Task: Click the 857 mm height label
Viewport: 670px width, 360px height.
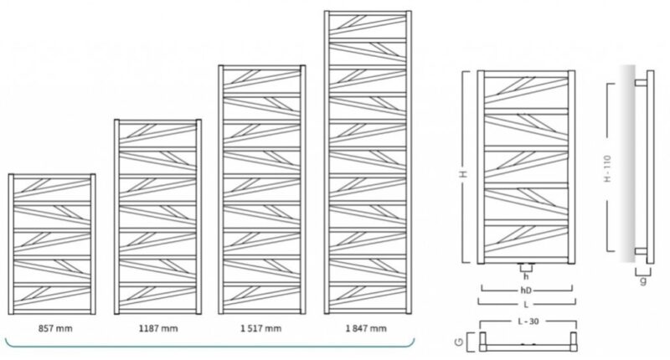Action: click(55, 328)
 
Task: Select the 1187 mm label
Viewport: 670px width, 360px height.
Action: click(158, 328)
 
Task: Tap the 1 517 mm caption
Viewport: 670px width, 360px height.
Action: click(260, 328)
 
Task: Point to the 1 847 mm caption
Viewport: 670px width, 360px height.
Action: click(366, 328)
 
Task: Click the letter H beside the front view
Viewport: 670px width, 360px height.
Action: click(465, 174)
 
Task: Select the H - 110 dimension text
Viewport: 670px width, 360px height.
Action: click(608, 168)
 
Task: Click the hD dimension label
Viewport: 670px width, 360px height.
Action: click(526, 291)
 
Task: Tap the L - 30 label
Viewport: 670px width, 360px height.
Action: click(528, 321)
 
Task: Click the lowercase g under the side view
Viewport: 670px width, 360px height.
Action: click(643, 280)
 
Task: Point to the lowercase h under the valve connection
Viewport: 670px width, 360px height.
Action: click(526, 277)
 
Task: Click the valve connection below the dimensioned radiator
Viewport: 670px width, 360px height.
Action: click(526, 268)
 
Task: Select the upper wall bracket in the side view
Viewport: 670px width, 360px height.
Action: click(641, 83)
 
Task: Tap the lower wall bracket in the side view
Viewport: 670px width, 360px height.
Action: click(641, 251)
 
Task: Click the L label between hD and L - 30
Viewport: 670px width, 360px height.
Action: click(526, 305)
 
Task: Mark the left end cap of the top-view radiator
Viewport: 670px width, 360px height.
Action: click(483, 342)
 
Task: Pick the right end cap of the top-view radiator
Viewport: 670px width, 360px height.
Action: click(573, 342)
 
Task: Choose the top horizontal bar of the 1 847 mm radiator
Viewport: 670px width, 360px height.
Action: click(368, 13)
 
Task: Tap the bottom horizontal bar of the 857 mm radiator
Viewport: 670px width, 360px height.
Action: click(52, 311)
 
